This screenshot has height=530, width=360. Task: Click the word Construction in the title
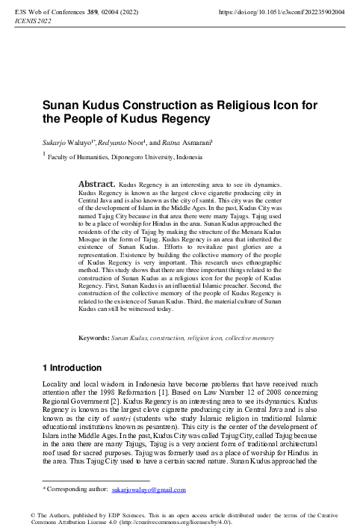tap(148, 105)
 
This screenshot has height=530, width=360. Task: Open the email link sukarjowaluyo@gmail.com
tap(148, 490)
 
